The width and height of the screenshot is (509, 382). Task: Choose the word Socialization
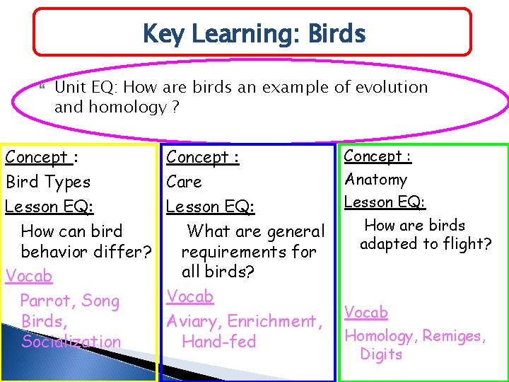pyautogui.click(x=71, y=342)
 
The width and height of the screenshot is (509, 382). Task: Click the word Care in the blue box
pyautogui.click(x=184, y=182)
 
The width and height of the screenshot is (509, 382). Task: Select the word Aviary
pyautogui.click(x=193, y=321)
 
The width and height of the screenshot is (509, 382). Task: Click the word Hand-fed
pyautogui.click(x=218, y=342)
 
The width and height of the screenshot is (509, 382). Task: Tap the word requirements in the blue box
pyautogui.click(x=233, y=252)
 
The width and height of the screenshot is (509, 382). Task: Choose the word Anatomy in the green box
pyautogui.click(x=375, y=180)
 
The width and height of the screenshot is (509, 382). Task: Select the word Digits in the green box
pyautogui.click(x=381, y=354)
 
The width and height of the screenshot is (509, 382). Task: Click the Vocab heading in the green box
pyautogui.click(x=365, y=312)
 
